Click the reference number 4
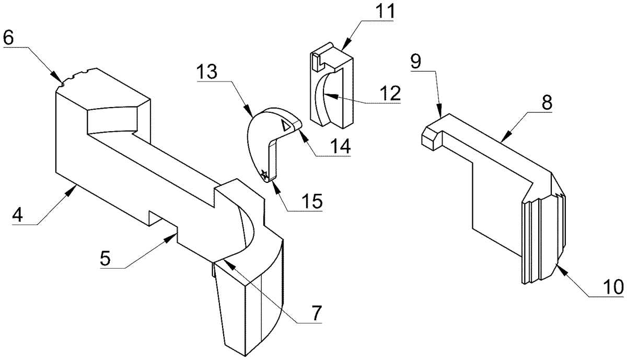[x=17, y=215]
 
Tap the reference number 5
[x=106, y=258]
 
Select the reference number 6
[x=8, y=38]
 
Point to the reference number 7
[x=316, y=312]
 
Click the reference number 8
[x=547, y=102]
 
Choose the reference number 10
[x=613, y=287]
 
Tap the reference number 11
[x=384, y=11]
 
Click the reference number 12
[x=390, y=94]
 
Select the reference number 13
[x=206, y=72]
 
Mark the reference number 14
[x=340, y=146]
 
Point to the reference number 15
[x=312, y=201]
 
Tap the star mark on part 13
[x=264, y=175]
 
